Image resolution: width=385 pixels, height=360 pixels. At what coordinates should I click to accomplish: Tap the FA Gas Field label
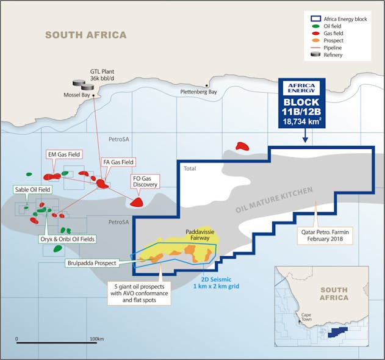tap(118, 162)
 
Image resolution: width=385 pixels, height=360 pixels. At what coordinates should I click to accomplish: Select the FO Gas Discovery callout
tap(145, 181)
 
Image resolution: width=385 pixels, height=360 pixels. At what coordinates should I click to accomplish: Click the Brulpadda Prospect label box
tap(92, 263)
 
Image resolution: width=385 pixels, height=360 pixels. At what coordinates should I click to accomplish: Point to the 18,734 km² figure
tap(302, 122)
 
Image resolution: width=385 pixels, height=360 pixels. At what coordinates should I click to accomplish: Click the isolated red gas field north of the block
tap(242, 146)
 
